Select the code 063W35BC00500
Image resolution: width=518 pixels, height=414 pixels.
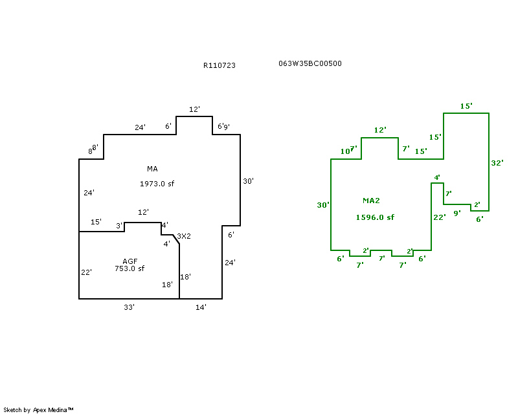[310, 63]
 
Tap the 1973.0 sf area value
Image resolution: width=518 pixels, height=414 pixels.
[157, 184]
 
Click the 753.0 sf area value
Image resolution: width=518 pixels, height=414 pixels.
[129, 268]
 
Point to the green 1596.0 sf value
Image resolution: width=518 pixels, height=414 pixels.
[375, 217]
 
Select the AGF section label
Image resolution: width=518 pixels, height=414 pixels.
[130, 261]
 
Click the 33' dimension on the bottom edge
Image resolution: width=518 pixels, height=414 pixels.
[129, 307]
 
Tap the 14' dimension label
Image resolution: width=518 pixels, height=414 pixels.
[201, 307]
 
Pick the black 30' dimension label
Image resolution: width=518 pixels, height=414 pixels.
[248, 182]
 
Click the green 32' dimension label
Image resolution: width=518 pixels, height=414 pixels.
[497, 163]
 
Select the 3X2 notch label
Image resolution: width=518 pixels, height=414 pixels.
[184, 236]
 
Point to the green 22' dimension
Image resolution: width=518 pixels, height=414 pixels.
[440, 217]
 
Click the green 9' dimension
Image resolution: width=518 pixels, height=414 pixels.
[456, 212]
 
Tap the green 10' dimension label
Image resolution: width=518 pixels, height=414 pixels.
[346, 152]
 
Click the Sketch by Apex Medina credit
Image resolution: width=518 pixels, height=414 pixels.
[39, 409]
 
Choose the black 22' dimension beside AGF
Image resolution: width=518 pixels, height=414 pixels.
[86, 272]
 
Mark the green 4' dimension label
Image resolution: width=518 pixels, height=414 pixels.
[437, 177]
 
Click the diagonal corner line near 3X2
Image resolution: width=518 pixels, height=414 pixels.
[175, 240]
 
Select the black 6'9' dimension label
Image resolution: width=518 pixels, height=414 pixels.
[223, 126]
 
